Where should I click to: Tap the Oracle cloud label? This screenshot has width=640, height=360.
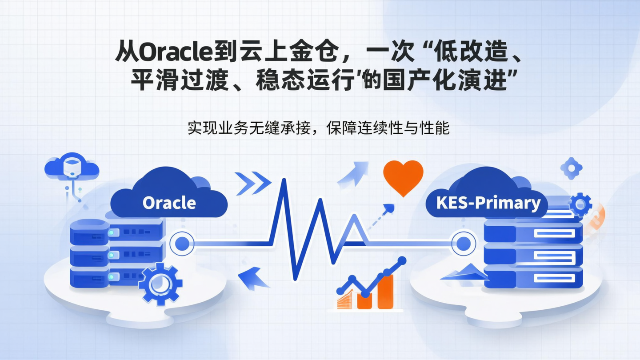(x=169, y=203)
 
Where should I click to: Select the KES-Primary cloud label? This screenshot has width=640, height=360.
(x=488, y=203)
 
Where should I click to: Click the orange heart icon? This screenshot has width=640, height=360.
(x=403, y=177)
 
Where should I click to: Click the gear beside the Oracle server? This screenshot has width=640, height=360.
(x=160, y=283)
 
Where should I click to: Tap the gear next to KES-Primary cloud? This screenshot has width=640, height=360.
(x=580, y=204)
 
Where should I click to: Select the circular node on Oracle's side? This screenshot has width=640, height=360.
(x=182, y=243)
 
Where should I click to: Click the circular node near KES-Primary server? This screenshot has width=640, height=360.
(x=464, y=243)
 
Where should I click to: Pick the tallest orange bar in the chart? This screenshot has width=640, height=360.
(x=385, y=291)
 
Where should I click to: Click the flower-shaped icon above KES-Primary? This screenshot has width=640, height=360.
(x=571, y=168)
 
